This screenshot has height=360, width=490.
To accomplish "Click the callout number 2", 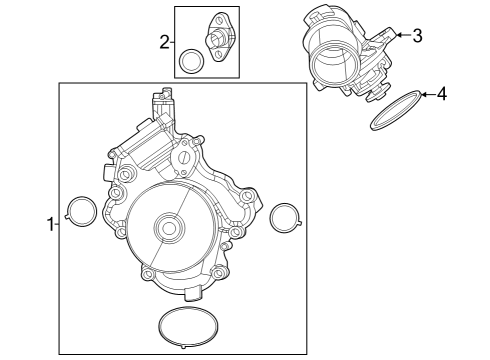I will pyautogui.click(x=164, y=42).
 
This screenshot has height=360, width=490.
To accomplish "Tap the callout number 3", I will pyautogui.click(x=417, y=36).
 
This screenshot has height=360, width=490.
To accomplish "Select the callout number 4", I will pyautogui.click(x=442, y=95).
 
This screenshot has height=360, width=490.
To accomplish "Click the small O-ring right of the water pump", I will pyautogui.click(x=284, y=216).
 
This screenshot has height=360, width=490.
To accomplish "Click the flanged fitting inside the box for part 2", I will pyautogui.click(x=216, y=41).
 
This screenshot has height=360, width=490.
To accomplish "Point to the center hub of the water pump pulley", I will pyautogui.click(x=167, y=229).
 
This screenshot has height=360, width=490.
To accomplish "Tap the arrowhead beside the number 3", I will pyautogui.click(x=398, y=36).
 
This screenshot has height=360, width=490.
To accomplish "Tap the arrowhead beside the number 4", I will pyautogui.click(x=424, y=95).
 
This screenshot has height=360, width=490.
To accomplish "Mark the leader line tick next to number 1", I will pyautogui.click(x=58, y=226).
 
